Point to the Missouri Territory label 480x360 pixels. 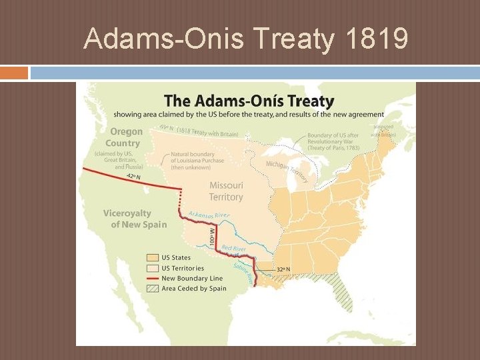(226, 191)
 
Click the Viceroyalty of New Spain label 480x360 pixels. (135, 219)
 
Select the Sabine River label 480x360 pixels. (243, 272)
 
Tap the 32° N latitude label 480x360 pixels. (283, 269)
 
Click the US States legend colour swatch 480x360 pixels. (152, 257)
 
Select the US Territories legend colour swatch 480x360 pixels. (152, 268)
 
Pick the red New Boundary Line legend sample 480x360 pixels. (152, 278)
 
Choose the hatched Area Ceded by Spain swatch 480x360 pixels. (152, 289)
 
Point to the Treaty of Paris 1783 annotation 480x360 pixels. (333, 141)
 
